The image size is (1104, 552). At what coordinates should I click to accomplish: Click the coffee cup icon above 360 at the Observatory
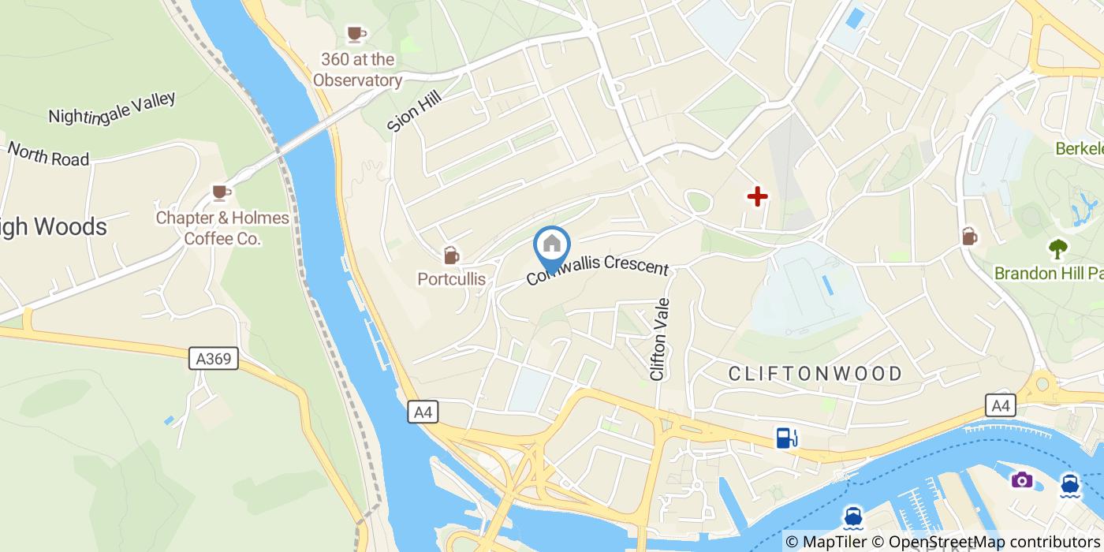pos(356,33)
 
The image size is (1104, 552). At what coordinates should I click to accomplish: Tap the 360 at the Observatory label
pos(357,69)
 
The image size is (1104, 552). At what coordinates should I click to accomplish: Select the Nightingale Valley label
pos(112,108)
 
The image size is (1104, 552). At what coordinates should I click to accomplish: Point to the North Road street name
pos(48,154)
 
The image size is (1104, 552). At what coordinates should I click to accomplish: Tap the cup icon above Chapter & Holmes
pos(222,192)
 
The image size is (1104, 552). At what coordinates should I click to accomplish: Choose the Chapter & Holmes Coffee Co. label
pos(222,228)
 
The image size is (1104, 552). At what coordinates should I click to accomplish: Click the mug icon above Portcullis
pos(451,255)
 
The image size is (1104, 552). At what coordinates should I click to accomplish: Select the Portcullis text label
pos(451,279)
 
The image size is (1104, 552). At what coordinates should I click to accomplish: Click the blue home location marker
pos(552,245)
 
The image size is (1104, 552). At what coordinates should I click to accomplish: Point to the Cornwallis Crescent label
pos(598,270)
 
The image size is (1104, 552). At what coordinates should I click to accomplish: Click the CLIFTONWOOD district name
pos(815,373)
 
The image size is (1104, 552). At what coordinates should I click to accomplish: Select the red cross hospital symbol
pos(757,196)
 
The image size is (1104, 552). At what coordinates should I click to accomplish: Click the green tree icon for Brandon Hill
pos(1057,249)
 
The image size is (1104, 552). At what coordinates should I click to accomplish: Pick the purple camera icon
pos(1022,479)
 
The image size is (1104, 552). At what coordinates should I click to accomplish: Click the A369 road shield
pos(214,360)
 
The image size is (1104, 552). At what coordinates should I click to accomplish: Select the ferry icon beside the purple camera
pos(1070,483)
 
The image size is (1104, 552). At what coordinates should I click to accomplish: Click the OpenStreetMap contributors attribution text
pos(992,542)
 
